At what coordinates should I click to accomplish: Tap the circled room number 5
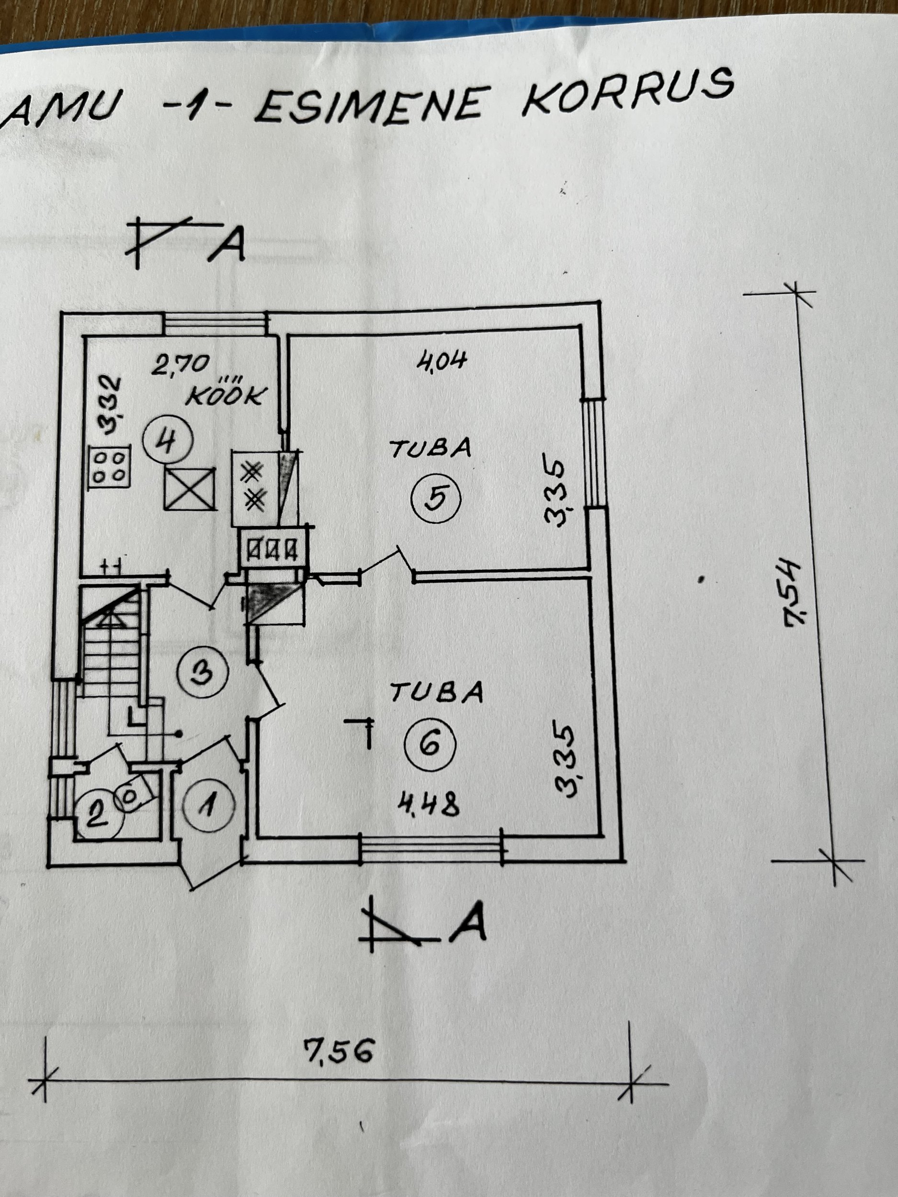click(436, 497)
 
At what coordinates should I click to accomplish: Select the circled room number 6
click(431, 745)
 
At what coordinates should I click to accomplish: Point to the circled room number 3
click(204, 673)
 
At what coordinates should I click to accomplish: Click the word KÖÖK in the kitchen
click(224, 396)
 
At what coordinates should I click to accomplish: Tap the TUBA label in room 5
click(432, 449)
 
